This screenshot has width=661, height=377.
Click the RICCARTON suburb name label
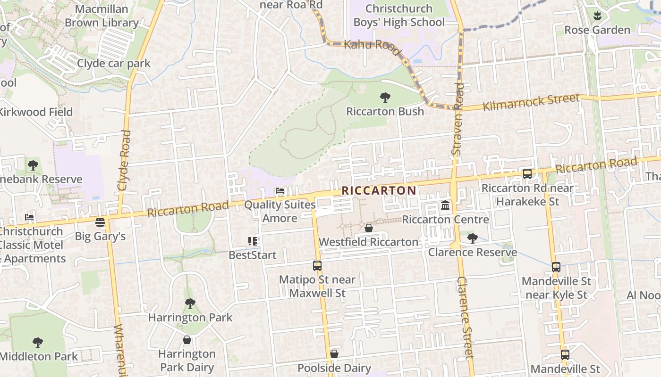click(x=379, y=190)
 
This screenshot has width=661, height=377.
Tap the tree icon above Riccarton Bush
click(x=385, y=98)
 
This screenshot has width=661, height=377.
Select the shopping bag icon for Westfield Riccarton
click(x=369, y=229)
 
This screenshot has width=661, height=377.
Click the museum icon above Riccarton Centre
click(x=445, y=205)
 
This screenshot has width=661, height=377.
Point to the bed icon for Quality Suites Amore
click(x=280, y=191)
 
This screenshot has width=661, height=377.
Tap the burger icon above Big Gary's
click(x=100, y=222)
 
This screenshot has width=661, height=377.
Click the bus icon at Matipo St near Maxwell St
click(x=317, y=266)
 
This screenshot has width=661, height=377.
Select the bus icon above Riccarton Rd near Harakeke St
click(x=527, y=174)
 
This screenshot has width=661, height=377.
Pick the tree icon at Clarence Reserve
click(x=472, y=238)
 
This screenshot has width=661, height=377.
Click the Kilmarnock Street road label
click(x=531, y=102)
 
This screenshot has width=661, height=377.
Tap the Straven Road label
click(x=458, y=119)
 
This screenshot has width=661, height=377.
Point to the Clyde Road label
click(x=124, y=160)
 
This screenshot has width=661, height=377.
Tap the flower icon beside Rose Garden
click(x=597, y=16)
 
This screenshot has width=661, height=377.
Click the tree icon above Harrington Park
click(x=190, y=303)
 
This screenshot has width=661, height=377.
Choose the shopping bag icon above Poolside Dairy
click(x=334, y=354)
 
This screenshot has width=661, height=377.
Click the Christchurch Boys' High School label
click(x=399, y=16)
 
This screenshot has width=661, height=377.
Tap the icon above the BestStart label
click(x=253, y=241)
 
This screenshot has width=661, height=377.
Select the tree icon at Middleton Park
click(x=38, y=343)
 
